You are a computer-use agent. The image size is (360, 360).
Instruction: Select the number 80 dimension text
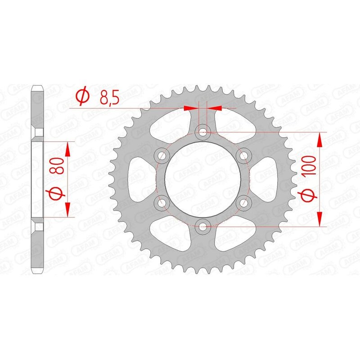pyautogui.click(x=57, y=166)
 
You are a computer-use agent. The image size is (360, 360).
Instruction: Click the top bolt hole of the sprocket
pyautogui.click(x=203, y=132)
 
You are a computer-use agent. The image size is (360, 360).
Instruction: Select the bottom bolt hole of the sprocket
pyautogui.click(x=203, y=226)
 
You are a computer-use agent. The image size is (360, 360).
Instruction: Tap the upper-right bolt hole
pyautogui.click(x=244, y=156)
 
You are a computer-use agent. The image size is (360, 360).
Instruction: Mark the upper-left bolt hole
pyautogui.click(x=162, y=156)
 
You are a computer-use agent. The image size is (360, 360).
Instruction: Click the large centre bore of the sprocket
pyautogui.click(x=203, y=179)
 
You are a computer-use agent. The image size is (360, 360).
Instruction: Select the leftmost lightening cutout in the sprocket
pyautogui.click(x=138, y=179)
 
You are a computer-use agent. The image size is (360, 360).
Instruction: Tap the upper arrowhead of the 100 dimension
pyautogui.click(x=320, y=139)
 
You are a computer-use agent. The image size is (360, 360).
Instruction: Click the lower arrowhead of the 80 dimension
pyautogui.click(x=67, y=209)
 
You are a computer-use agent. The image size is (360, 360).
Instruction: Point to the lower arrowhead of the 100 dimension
pyautogui.click(x=320, y=219)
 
